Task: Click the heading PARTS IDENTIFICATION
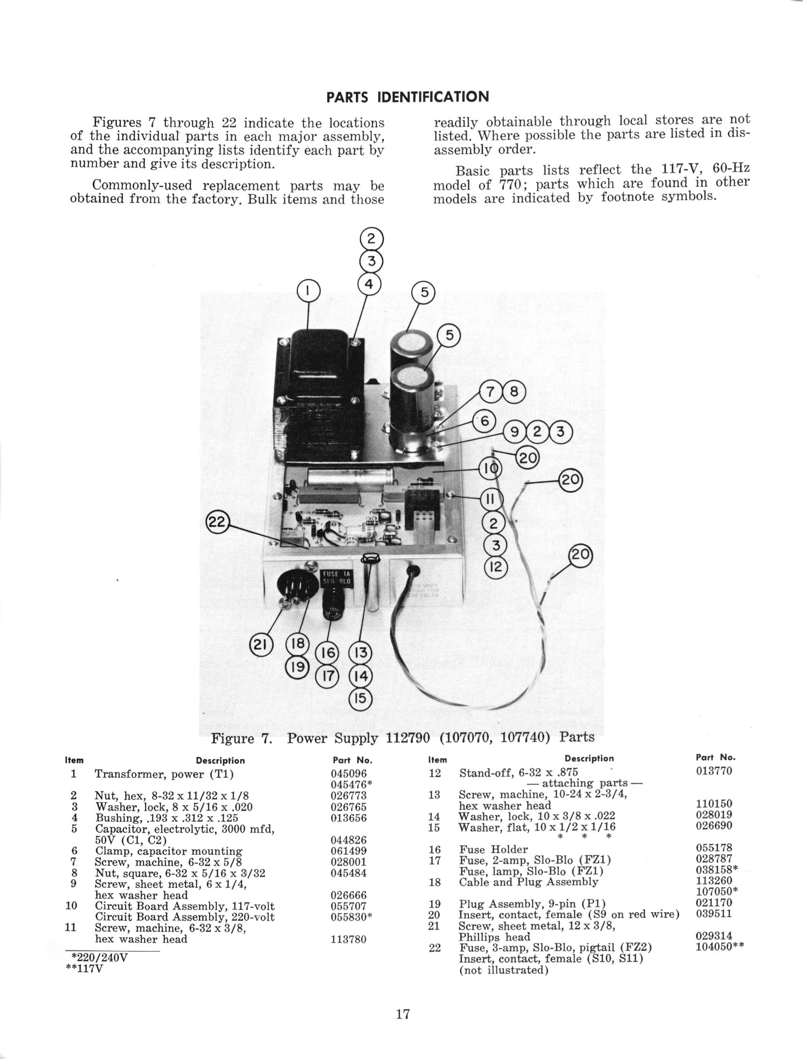(407, 97)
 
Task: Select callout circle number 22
(217, 522)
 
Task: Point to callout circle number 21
(260, 646)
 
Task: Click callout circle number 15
(360, 699)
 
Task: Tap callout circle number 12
(495, 567)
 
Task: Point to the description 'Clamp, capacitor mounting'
(169, 851)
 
